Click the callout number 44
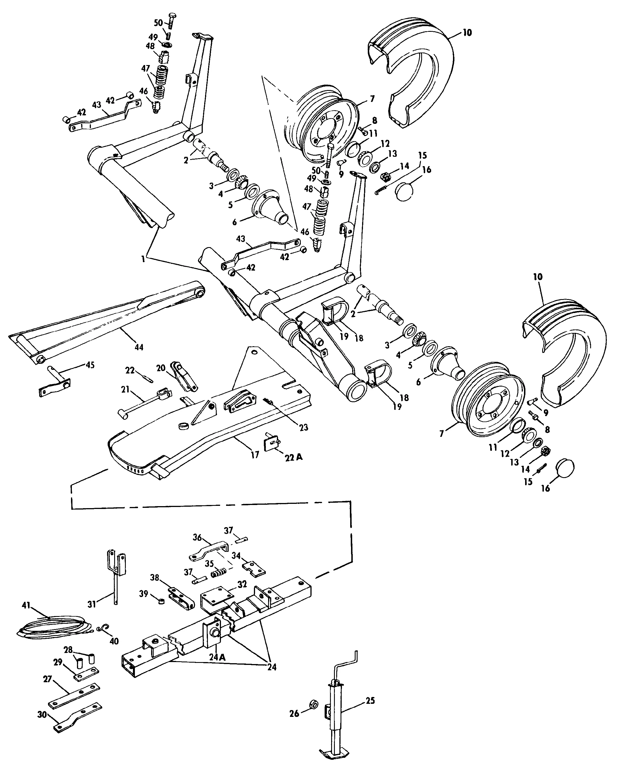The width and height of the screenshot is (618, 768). [x=139, y=347]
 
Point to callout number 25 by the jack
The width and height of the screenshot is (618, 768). [x=370, y=701]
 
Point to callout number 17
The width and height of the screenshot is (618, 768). [x=255, y=455]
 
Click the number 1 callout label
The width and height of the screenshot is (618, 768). [x=143, y=259]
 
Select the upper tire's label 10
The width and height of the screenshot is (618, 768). [x=467, y=33]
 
